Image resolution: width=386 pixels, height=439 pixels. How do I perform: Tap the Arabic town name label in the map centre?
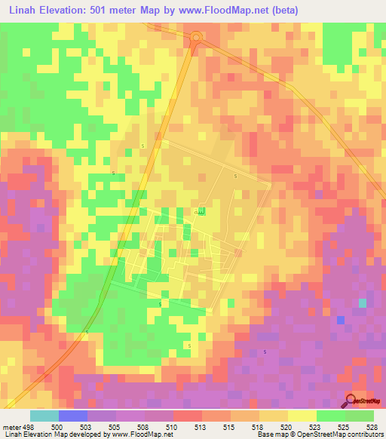pos(200,211)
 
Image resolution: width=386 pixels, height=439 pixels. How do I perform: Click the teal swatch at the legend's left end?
pos(44,416)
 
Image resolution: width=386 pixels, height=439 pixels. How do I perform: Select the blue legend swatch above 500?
pos(73,416)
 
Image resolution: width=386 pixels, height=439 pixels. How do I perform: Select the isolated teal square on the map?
pos(363,302)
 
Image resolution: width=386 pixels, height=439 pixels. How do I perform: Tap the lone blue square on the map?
pos(341,320)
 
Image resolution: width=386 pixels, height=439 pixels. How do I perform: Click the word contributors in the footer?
pos(364,435)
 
